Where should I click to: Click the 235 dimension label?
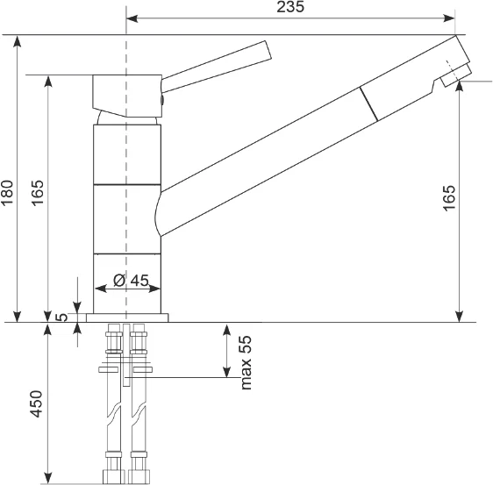point(290,7)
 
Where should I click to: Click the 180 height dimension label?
point(7,192)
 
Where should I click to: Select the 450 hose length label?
point(36,404)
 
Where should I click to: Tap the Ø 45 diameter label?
point(131,280)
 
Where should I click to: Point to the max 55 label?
point(246,363)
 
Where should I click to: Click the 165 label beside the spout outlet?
point(449,198)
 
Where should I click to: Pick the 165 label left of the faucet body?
point(37,193)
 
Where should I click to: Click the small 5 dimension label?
point(61,317)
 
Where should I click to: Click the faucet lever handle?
point(217,67)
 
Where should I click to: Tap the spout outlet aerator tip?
point(456,75)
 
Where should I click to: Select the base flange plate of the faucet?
point(127,317)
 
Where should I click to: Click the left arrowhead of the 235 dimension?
point(132,18)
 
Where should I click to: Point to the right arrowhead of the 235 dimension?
point(449,18)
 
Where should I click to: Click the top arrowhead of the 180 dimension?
point(18,41)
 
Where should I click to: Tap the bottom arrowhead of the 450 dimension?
point(47,478)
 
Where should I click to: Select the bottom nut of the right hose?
point(139,477)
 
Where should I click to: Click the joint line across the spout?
point(368,103)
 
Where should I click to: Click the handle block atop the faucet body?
point(127,96)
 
